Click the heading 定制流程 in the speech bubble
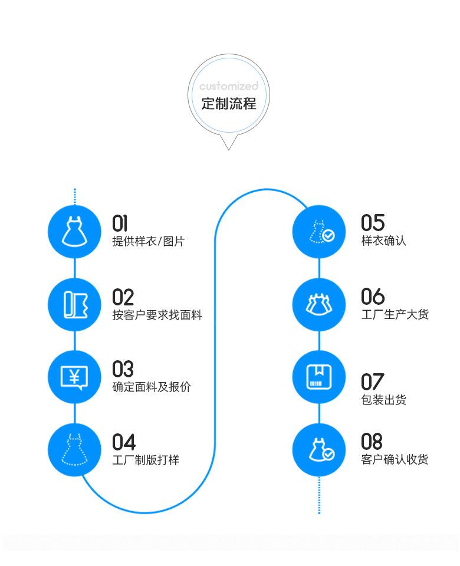(229, 104)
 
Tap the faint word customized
(229, 87)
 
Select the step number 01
(120, 223)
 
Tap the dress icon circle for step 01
(74, 232)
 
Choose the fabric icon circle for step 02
(74, 304)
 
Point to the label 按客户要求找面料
(157, 315)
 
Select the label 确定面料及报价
(152, 387)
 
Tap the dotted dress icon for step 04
(74, 450)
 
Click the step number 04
(123, 442)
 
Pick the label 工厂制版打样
(146, 460)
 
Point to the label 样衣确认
(383, 241)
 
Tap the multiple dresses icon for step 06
(319, 304)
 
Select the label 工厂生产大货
(395, 314)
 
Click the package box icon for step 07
(319, 377)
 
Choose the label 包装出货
(383, 400)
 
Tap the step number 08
(372, 442)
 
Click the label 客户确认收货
(395, 460)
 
